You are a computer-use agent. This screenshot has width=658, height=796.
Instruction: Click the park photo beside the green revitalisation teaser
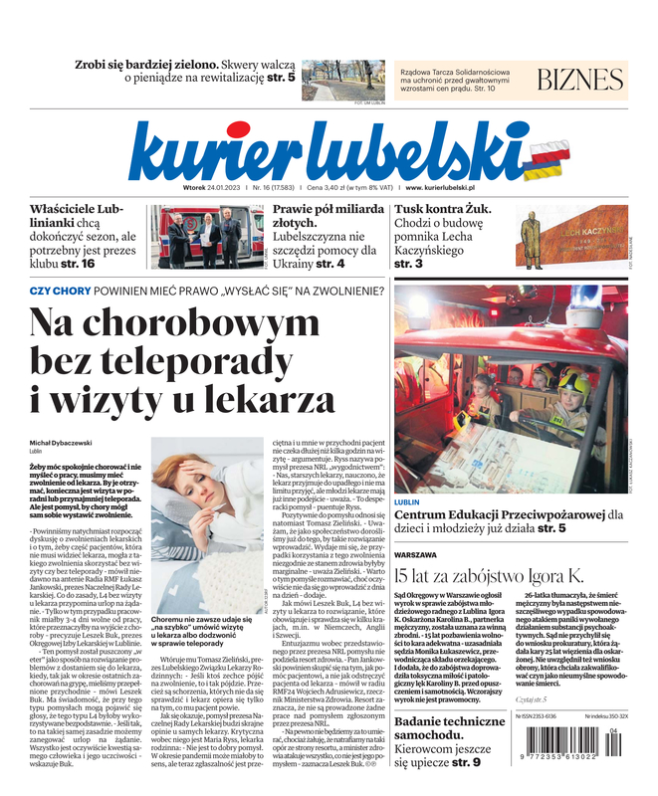tap(342, 80)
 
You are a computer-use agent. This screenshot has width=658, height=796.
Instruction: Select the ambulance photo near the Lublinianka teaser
tap(207, 237)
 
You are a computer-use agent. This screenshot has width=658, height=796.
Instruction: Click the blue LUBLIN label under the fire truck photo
tap(406, 502)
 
